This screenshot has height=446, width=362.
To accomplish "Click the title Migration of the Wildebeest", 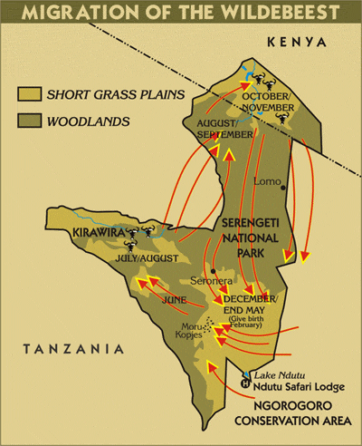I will tap(181, 13).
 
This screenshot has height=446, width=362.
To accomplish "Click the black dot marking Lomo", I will tap(283, 188).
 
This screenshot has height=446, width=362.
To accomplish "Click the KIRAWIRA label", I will tap(93, 233).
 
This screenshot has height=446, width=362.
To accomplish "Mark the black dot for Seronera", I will tap(213, 270).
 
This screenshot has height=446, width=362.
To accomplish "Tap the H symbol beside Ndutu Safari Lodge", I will tap(244, 383).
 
